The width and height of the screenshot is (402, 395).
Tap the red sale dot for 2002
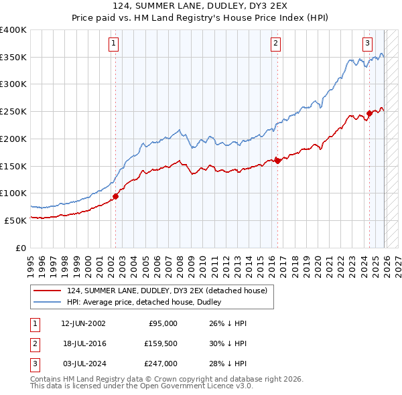115,196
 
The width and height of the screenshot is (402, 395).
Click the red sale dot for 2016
277,161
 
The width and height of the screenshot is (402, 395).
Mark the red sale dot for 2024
369,113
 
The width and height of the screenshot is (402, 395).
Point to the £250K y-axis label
13,112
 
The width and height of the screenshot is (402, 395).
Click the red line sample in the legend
48,291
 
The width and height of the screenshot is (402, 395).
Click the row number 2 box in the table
33,343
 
